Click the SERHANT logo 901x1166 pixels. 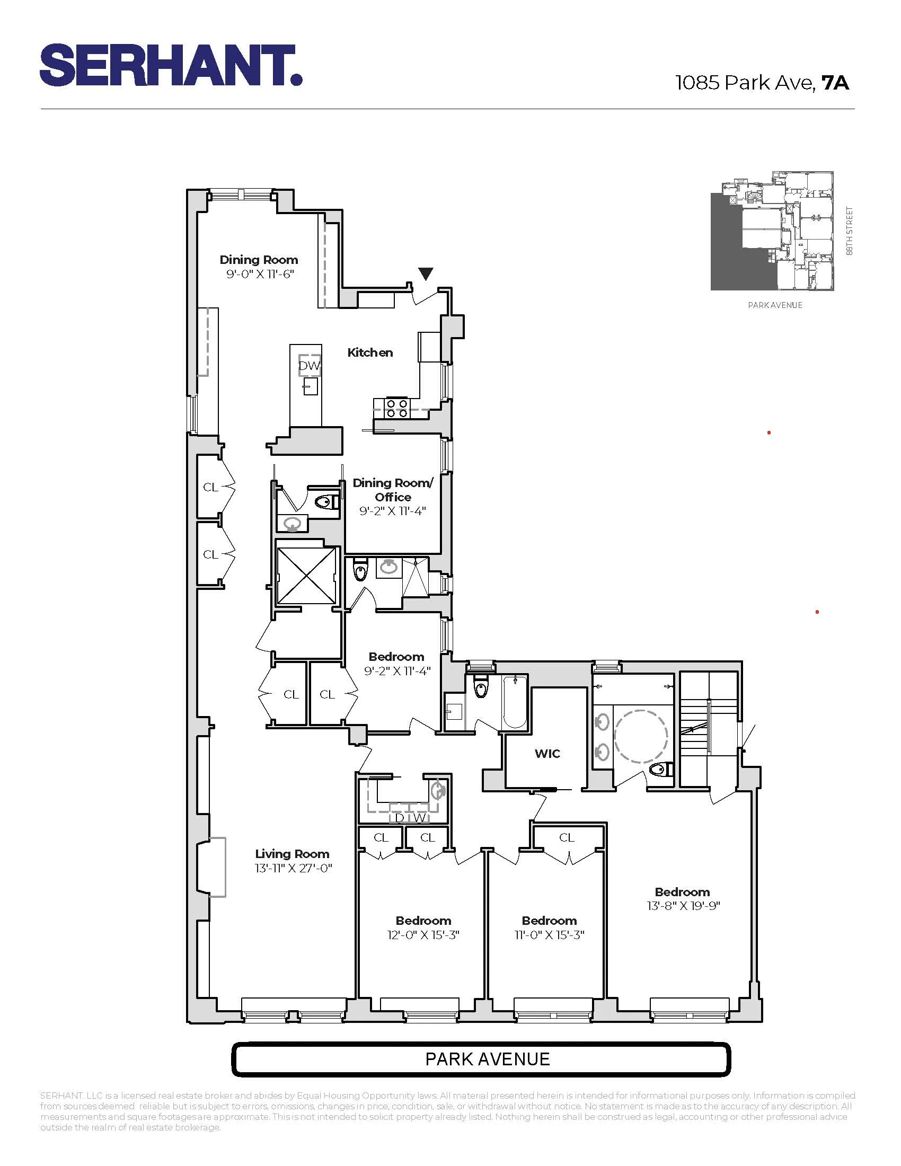(x=171, y=65)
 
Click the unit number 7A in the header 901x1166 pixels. (x=835, y=83)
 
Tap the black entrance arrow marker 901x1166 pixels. (x=426, y=274)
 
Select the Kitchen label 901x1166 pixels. (x=370, y=352)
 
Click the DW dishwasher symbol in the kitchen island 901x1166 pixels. (x=309, y=366)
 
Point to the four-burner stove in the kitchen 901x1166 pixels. (x=397, y=409)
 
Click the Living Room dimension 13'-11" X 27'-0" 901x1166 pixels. (x=293, y=868)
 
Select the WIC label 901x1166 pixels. (x=547, y=753)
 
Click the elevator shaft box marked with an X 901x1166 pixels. (x=306, y=576)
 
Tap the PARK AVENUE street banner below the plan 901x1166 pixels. (x=480, y=1059)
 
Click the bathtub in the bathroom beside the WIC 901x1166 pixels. (x=515, y=701)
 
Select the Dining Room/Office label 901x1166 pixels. (x=393, y=490)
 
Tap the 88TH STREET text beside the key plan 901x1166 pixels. (x=850, y=231)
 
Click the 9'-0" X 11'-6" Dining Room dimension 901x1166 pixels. (x=260, y=275)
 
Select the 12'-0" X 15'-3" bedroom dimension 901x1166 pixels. (x=423, y=935)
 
